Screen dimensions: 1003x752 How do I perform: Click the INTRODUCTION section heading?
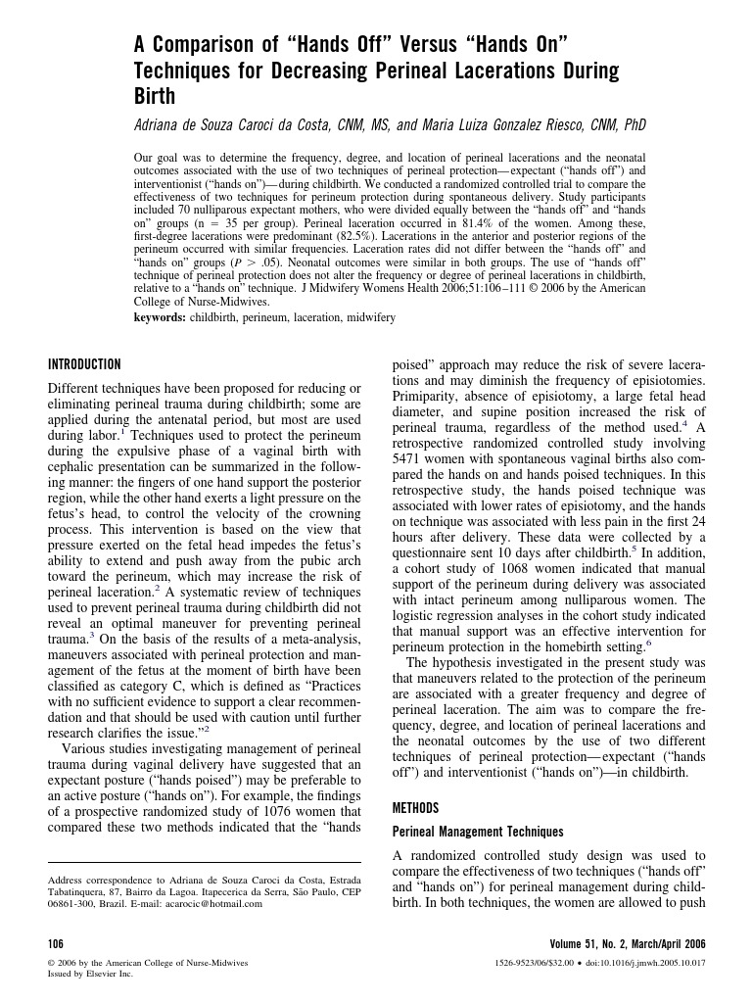(85, 364)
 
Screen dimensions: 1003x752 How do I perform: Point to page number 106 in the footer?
(56, 944)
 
